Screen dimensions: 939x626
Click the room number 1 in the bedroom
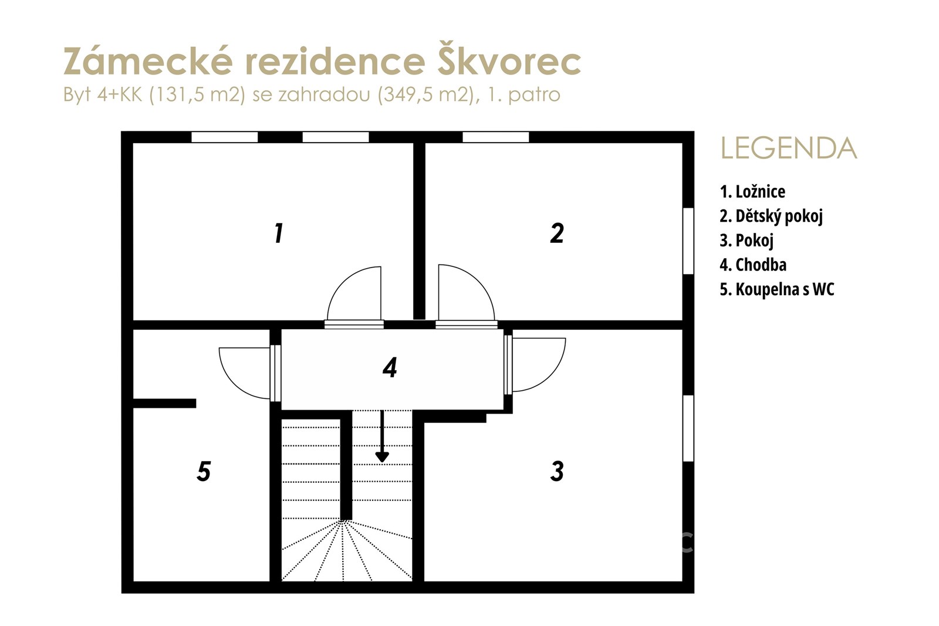(x=279, y=234)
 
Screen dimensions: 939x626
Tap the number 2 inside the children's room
(x=557, y=233)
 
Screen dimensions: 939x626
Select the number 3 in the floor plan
(x=557, y=471)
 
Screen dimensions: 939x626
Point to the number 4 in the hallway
(x=390, y=367)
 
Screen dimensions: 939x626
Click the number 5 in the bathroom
(x=204, y=471)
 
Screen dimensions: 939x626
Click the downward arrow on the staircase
(x=382, y=436)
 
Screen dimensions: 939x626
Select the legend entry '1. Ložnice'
(x=752, y=191)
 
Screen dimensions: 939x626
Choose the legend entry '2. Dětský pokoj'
(x=771, y=216)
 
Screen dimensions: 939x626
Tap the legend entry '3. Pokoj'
(x=747, y=241)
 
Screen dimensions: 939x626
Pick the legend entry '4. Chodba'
(x=754, y=265)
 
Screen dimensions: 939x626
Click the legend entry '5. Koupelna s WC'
(x=777, y=290)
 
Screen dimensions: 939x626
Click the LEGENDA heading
(x=789, y=148)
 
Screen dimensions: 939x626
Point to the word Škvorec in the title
(x=509, y=59)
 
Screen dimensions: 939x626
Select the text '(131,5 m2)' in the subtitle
(x=197, y=94)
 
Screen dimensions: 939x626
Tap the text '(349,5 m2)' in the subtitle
(x=428, y=94)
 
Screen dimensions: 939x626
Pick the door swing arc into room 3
(x=554, y=375)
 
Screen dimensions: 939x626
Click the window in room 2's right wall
(x=688, y=241)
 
